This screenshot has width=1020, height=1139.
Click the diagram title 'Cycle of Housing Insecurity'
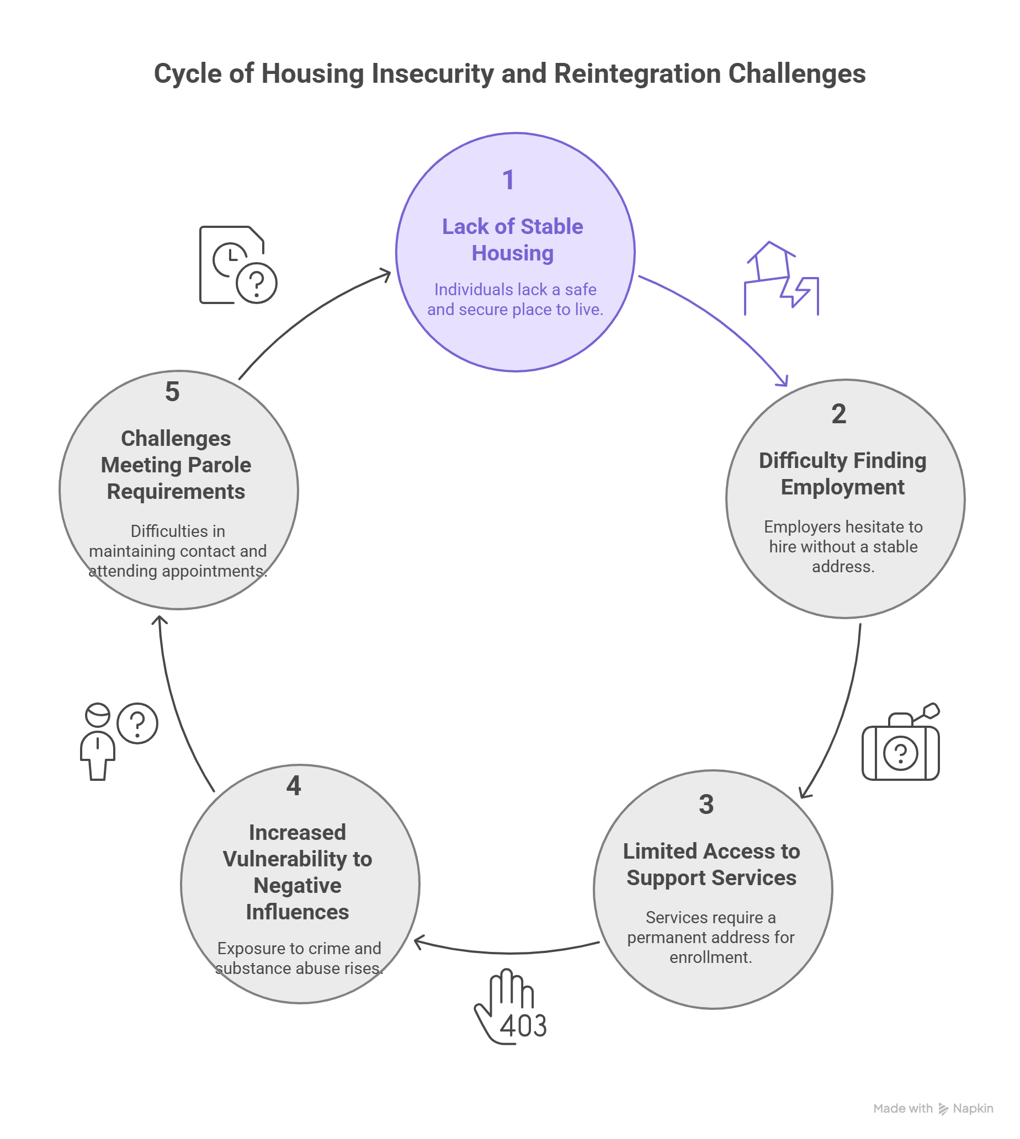point(509,74)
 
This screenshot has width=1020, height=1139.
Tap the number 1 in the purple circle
point(508,180)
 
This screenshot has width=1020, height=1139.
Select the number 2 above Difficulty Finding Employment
point(838,414)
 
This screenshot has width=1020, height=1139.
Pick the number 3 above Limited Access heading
point(706,805)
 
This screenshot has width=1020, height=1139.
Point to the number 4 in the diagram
point(294,786)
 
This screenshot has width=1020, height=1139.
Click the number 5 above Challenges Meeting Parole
point(172,392)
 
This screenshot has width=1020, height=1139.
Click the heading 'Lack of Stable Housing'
point(512,240)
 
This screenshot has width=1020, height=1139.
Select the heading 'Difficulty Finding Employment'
point(842,474)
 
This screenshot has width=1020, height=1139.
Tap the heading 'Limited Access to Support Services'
point(711,865)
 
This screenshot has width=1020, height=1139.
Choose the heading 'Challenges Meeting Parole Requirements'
point(176,465)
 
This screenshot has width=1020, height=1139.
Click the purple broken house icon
point(781,279)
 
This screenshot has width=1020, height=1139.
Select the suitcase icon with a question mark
point(901,744)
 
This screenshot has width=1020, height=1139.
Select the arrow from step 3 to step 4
point(507,952)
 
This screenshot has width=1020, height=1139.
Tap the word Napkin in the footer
point(973,1108)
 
